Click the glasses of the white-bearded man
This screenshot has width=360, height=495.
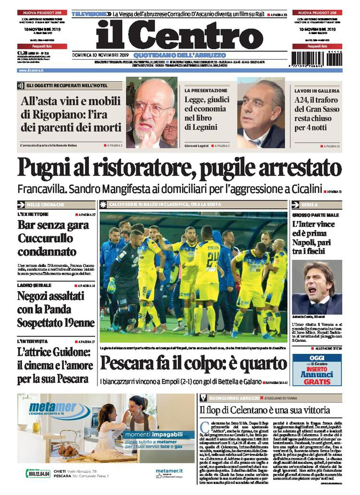pos(153,109)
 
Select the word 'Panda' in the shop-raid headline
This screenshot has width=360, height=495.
pos(68,309)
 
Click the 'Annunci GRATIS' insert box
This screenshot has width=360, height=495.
pos(317,370)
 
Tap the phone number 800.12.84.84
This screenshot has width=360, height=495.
pos(38,473)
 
